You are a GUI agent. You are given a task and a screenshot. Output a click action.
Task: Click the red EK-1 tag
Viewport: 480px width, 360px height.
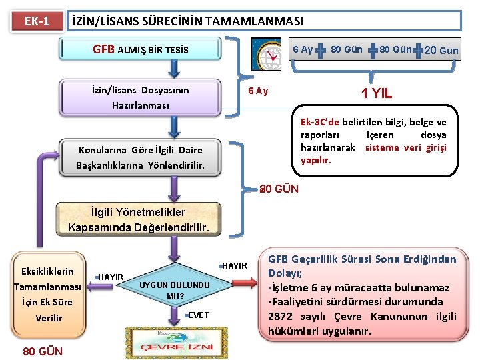[37, 21]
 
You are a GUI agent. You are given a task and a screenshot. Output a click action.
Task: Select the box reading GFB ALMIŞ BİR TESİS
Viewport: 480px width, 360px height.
[140, 49]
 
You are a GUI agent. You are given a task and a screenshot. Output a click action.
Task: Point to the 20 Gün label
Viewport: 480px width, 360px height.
[441, 51]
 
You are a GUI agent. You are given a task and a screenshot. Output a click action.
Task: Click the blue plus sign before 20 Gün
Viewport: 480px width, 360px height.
[419, 51]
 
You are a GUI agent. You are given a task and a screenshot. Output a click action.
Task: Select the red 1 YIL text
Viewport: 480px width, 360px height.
[377, 93]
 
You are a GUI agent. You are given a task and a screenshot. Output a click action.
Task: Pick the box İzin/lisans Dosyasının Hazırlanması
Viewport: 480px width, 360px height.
[140, 97]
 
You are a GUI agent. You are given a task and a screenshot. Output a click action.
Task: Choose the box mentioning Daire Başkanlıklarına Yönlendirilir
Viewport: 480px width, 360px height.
[139, 158]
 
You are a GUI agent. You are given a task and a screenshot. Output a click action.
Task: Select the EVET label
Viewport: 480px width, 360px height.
[199, 315]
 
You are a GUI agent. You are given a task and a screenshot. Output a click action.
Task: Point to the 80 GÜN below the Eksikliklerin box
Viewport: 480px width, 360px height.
[43, 351]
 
